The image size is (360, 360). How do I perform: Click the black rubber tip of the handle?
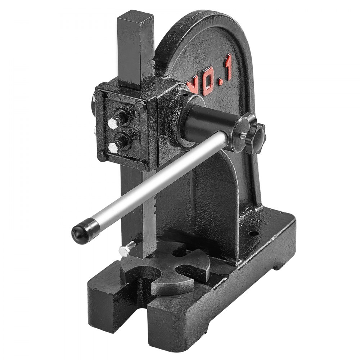click(80, 232)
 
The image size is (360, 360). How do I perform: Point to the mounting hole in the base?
click(254, 233)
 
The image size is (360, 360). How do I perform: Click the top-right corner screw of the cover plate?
click(141, 105)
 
